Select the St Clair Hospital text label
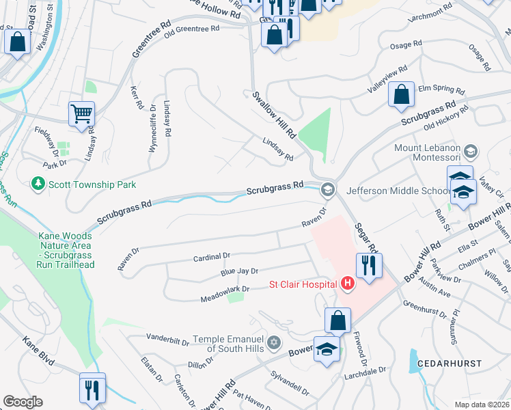point(303,284)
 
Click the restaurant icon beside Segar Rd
point(369,264)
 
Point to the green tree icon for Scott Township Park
point(38,184)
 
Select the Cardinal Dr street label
point(212,256)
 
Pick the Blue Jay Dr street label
point(238,272)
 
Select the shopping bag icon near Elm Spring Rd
point(401,94)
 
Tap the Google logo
point(23,402)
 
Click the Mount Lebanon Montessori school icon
point(470,150)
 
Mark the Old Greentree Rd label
point(191,29)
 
